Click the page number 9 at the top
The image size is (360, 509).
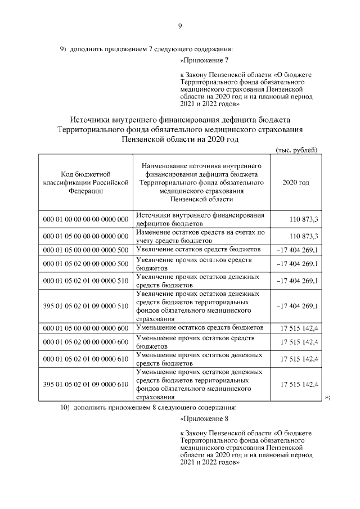point(180,25)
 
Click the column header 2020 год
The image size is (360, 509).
point(295,183)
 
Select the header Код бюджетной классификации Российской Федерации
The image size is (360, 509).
point(85,183)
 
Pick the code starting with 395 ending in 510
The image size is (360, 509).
point(85,306)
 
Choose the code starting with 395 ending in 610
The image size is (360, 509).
point(85,384)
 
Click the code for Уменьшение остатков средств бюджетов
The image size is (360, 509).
point(85,327)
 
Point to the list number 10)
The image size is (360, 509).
point(65,407)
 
